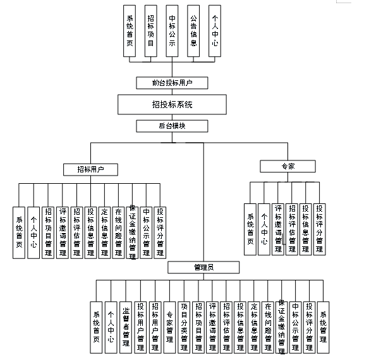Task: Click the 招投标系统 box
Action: (x=172, y=104)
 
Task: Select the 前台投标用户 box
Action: (x=172, y=83)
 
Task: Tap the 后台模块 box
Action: (x=172, y=126)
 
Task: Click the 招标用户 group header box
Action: (x=90, y=169)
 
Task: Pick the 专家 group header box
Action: (x=287, y=166)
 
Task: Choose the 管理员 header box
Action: (x=203, y=268)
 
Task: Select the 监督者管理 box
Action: (x=126, y=322)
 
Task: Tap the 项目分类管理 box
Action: (x=184, y=322)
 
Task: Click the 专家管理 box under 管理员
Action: (x=169, y=322)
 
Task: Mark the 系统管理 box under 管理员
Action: (x=323, y=322)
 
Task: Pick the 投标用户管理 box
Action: (x=140, y=322)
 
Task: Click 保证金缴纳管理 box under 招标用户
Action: (x=132, y=231)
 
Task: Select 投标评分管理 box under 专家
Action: (x=320, y=228)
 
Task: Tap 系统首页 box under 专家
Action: (x=250, y=228)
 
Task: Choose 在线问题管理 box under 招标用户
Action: (x=118, y=231)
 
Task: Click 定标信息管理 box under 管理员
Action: (x=254, y=322)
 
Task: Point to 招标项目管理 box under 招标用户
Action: (x=47, y=231)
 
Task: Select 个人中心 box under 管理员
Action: (x=111, y=322)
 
